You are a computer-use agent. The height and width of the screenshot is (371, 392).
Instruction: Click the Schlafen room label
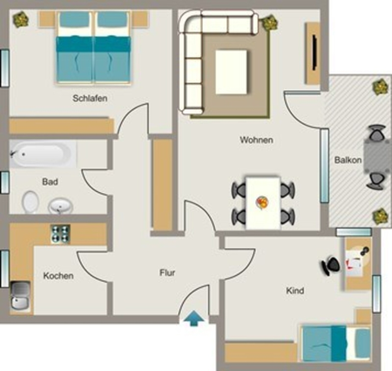point(90,98)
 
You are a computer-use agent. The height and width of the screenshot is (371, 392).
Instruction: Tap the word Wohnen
point(256,140)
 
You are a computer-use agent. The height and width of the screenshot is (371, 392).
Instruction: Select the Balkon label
point(348,160)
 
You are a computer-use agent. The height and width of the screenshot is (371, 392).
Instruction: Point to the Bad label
point(50,182)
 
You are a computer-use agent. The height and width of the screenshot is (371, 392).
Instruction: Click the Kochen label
point(58,276)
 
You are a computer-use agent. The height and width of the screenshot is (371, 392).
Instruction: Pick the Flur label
point(167,272)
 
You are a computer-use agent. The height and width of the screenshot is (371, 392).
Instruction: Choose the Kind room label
point(295,291)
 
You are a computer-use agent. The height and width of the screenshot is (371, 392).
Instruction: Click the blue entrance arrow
point(194,319)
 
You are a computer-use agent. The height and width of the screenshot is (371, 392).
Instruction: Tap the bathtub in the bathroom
point(43,154)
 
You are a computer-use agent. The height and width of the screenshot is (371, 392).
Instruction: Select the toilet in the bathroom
point(30,202)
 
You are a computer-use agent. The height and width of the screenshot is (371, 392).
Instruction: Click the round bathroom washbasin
point(60,206)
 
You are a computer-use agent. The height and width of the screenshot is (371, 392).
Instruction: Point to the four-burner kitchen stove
point(60,234)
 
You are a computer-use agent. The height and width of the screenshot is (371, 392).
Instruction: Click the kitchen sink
point(21,296)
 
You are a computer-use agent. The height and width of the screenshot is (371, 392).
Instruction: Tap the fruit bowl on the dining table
point(262,203)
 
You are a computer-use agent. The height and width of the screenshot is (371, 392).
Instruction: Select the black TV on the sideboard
point(314,52)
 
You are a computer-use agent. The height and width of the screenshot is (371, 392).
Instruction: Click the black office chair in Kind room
point(330,265)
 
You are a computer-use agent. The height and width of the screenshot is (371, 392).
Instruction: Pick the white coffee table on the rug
point(231,72)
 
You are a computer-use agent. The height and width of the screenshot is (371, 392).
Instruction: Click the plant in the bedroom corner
point(21,19)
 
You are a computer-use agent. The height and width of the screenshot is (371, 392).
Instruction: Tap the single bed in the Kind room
point(336,343)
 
